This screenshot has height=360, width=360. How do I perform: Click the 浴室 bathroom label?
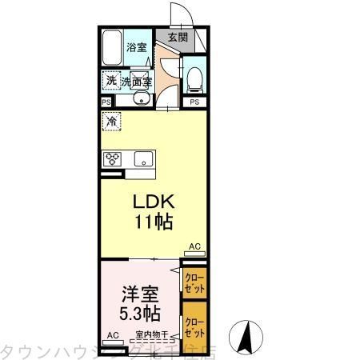click(x=137, y=47)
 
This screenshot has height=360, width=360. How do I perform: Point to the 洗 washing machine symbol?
click(x=110, y=80)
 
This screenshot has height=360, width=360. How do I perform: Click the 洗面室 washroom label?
click(x=136, y=81)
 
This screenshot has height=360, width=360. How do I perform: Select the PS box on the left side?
click(x=106, y=102)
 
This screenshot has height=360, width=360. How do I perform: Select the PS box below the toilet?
click(x=194, y=102)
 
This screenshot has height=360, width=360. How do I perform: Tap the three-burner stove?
click(x=111, y=158)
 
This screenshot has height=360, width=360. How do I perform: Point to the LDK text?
click(x=153, y=202)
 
